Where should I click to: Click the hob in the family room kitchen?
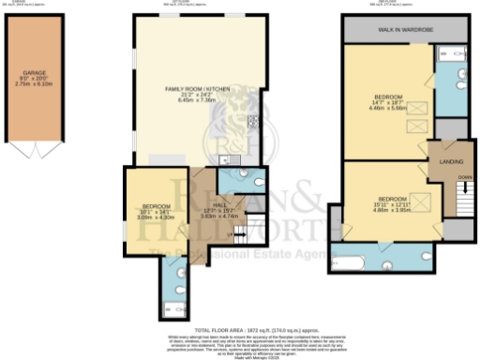(252, 121)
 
